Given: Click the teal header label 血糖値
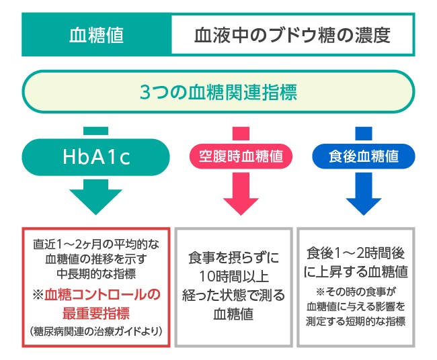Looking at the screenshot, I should click(96, 35).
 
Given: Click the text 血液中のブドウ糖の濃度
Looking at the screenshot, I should click(292, 35).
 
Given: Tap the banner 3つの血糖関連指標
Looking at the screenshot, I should click(218, 92).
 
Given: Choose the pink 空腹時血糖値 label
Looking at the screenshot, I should click(240, 156).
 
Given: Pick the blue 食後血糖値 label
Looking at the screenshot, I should click(364, 156).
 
